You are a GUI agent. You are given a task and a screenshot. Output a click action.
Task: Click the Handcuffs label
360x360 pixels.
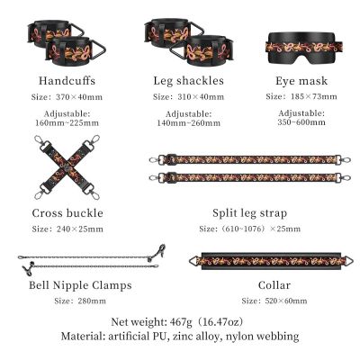67,81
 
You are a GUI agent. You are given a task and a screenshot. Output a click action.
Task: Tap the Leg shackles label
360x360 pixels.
188,81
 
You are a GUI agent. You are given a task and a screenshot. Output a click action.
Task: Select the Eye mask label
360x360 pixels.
301,81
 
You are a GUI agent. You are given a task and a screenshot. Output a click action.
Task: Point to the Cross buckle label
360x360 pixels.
67,213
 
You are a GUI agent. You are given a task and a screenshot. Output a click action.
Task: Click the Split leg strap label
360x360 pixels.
249,213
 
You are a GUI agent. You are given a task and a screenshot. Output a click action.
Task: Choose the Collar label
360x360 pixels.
274,285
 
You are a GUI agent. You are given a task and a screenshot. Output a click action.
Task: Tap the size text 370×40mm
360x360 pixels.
79,97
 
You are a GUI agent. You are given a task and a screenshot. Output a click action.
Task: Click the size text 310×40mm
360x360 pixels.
201,97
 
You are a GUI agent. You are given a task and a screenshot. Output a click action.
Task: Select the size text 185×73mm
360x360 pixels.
314,96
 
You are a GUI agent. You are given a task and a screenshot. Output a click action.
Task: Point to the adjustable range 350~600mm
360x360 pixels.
301,122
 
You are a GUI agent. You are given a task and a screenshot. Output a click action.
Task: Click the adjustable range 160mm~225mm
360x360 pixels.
67,122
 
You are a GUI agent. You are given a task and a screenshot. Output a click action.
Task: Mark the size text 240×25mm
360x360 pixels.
80,229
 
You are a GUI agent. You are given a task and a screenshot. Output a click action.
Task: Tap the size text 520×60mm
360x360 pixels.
286,301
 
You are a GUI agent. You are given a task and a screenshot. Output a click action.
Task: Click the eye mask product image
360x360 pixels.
304,48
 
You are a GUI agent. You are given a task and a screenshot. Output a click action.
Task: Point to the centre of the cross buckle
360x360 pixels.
67,167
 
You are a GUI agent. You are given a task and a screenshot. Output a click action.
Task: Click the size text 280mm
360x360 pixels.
92,301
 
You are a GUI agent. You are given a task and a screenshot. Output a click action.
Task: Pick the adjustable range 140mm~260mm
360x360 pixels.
188,123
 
